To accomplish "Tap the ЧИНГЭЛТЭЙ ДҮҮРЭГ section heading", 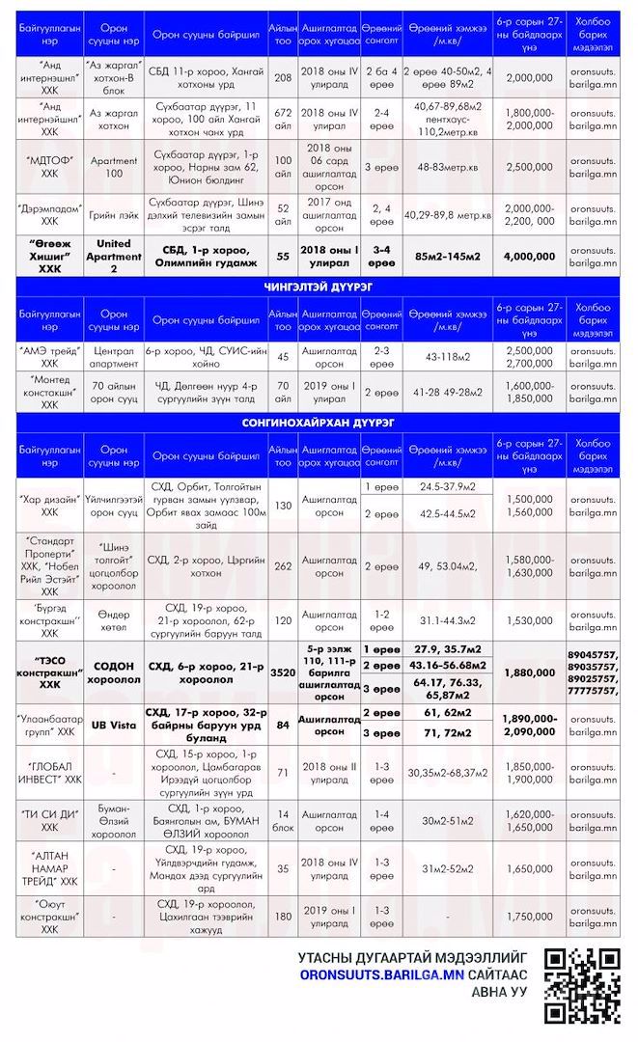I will pos(319,288).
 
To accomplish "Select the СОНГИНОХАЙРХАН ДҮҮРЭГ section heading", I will pos(319,423).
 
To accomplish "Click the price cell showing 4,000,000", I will pos(529,257).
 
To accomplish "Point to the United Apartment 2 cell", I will pos(114,257).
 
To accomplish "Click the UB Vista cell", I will pos(114,725).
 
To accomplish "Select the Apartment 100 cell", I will pos(114,167).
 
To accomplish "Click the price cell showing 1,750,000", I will pos(529,916).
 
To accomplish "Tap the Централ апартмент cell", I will pos(114,356).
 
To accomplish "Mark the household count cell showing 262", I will pos(283,566).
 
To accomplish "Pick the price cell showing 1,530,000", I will pos(529,618).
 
